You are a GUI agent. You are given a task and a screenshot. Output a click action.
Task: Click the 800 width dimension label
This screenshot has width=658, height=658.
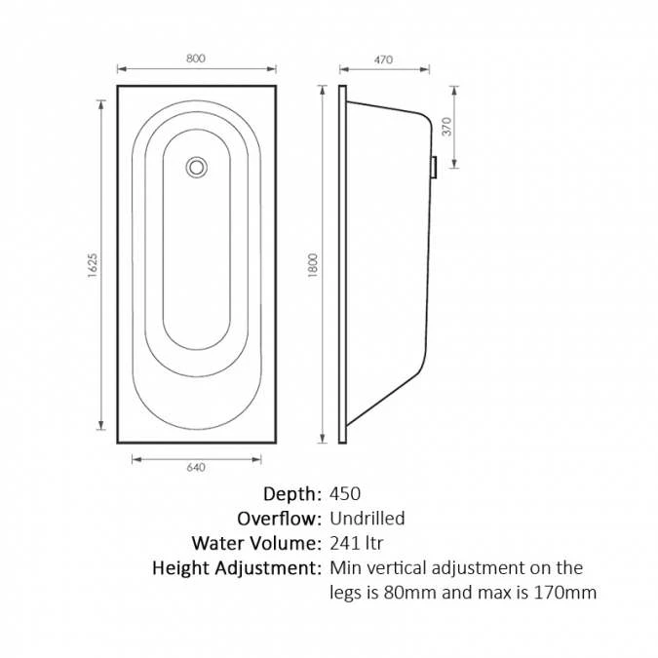point(196,58)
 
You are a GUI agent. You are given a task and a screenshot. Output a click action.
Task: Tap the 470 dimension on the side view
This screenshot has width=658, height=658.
point(383,59)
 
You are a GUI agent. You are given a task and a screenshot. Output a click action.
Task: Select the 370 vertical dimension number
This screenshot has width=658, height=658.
point(446,127)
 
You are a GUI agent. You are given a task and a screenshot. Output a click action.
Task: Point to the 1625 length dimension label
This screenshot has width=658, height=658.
point(93,265)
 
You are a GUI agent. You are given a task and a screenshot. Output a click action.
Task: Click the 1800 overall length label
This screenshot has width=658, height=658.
point(313,265)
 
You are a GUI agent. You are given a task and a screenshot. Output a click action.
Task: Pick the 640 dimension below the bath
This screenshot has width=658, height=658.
point(196,468)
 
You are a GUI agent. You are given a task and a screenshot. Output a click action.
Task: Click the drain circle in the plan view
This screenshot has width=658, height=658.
point(196,167)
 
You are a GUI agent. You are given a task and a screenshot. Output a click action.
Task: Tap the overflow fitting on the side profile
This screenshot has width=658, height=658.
point(435,168)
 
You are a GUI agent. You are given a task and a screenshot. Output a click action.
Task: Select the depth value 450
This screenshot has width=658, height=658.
point(345,494)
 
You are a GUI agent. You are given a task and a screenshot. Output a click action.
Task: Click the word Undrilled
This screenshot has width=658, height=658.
point(368,519)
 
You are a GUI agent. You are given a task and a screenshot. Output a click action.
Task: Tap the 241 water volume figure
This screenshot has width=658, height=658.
point(344,543)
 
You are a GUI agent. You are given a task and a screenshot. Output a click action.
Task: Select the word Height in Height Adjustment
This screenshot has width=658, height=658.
point(181,568)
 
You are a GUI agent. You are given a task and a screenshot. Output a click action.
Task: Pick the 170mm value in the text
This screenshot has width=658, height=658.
point(564,593)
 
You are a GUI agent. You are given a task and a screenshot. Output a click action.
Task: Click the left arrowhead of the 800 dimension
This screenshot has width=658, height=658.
point(122,69)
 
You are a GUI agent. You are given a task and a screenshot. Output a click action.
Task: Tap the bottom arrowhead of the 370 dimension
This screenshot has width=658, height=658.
point(454,164)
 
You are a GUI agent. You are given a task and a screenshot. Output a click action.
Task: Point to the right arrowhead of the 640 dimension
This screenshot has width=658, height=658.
point(256,459)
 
